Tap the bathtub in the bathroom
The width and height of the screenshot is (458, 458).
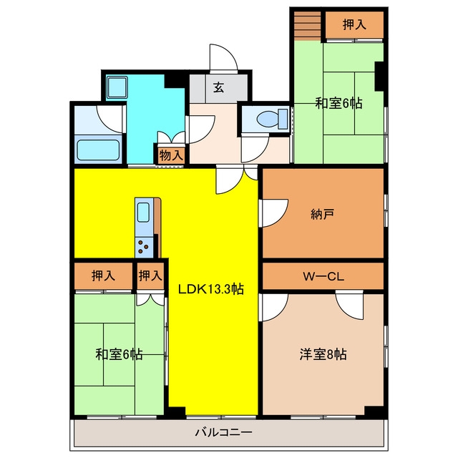click(98, 150)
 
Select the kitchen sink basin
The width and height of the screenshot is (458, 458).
click(143, 213)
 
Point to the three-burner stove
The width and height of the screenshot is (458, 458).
click(144, 247)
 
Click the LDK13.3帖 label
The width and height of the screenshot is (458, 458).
click(211, 289)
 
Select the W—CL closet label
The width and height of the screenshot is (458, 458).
click(323, 276)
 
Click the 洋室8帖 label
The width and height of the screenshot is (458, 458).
click(323, 354)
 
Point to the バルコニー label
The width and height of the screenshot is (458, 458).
click(223, 432)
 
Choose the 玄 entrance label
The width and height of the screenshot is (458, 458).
click(218, 87)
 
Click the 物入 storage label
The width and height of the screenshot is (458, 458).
click(172, 155)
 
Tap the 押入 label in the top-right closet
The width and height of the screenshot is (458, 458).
click(354, 24)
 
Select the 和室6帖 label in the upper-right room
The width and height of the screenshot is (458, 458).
click(338, 103)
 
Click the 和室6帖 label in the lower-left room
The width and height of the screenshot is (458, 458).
click(119, 354)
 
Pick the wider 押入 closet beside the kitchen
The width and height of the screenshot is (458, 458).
click(103, 276)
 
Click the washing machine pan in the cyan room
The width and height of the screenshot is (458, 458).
click(117, 87)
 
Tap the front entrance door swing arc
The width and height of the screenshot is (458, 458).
click(223, 57)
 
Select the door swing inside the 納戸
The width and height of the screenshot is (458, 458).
click(275, 213)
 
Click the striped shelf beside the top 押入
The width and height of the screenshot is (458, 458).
click(307, 24)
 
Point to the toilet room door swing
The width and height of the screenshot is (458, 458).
click(255, 148)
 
